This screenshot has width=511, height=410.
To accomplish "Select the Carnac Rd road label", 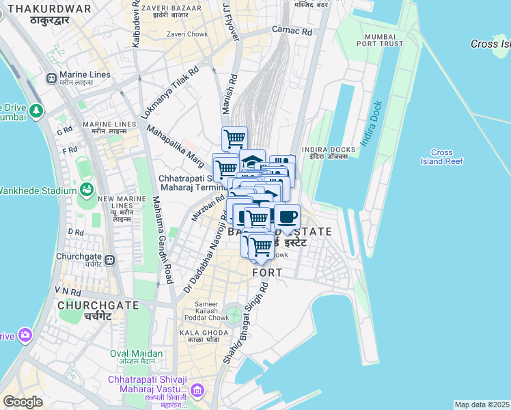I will coord(292,31).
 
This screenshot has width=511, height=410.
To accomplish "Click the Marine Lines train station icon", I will coord(51,78).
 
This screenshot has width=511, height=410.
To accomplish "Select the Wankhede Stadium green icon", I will coord(87,189).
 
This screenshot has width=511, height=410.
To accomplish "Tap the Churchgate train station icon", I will coord(109,260).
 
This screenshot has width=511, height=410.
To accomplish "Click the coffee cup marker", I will coord(287,217).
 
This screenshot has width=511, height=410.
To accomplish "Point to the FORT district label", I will coord(267,273).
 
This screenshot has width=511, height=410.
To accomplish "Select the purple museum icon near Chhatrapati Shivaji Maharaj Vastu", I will coord(197,391).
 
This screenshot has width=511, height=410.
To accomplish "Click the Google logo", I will coord(23,401).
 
